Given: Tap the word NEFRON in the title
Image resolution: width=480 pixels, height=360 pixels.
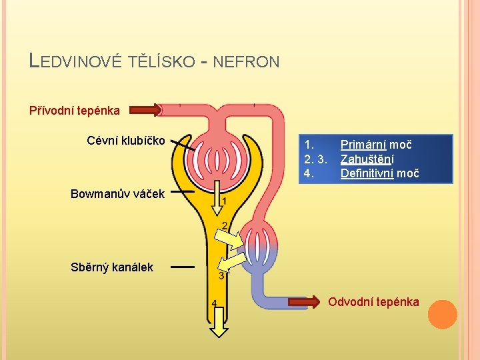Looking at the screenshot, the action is pos(247,62).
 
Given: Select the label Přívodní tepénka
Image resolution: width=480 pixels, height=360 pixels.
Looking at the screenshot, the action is pos(75,110).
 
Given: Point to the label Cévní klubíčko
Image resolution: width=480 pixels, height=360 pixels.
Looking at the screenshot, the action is pos(126,140).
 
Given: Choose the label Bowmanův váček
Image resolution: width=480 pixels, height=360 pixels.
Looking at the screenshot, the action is pos(117,193).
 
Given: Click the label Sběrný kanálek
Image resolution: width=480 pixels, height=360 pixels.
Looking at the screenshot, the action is pos(112,267).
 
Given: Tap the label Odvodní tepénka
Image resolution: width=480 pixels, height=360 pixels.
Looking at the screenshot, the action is pos(373,302).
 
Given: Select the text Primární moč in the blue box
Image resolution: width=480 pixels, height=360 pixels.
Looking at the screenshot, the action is pos(376,145).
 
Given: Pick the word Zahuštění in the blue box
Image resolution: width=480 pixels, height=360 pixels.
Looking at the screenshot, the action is pos(367,159).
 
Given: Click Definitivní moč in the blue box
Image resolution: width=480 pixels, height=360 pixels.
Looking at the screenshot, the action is pos(379,174).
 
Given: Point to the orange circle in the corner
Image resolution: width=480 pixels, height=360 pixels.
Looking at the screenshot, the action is pos(443,315).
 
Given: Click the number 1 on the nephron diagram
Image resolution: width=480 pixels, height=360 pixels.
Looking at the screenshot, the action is pos(224,201).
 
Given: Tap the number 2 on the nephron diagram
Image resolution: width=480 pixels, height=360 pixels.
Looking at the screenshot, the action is pos(225,225).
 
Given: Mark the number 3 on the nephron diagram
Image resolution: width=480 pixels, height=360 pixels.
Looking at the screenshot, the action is pos(221,275).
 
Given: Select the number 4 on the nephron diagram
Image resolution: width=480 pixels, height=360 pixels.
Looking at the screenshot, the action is pos(214,303).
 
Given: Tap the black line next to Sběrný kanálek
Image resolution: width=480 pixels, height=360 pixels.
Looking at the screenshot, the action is pos(182,267).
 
